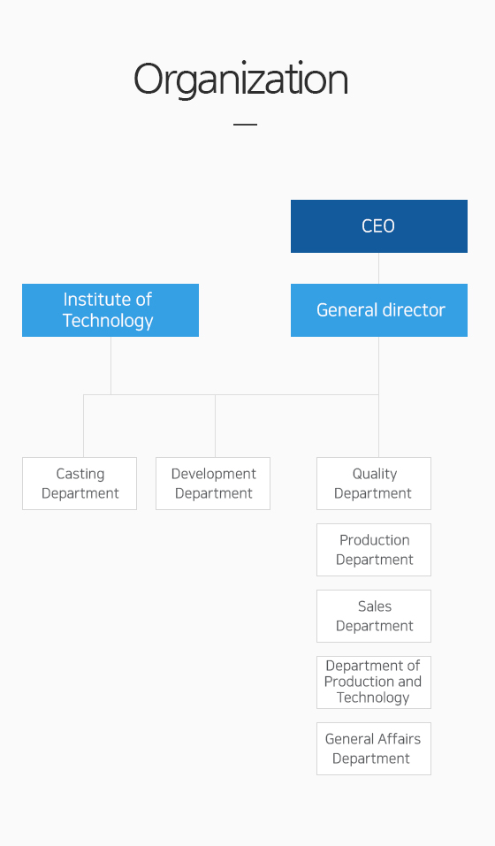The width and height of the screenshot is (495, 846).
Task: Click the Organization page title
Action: [x=241, y=80]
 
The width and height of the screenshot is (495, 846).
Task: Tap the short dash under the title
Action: [x=246, y=124]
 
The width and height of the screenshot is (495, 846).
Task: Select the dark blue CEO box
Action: [x=379, y=226]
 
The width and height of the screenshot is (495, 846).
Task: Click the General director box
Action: [x=379, y=310]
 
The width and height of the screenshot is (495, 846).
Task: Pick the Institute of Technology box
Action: [x=110, y=310]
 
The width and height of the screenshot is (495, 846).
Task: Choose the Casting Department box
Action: [x=80, y=484]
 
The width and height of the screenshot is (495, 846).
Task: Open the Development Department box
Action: [x=213, y=484]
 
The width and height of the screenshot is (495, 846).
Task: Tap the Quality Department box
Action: [x=374, y=484]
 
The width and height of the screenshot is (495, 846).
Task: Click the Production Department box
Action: [x=374, y=550]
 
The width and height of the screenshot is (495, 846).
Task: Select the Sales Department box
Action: [x=374, y=616]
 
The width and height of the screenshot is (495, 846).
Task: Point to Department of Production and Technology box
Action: [x=374, y=682]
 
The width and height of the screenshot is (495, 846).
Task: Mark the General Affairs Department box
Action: [x=374, y=749]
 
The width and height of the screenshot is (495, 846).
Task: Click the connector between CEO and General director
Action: [x=378, y=268]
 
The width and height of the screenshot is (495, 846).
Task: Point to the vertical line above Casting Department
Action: [x=84, y=426]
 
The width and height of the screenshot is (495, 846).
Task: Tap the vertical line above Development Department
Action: [x=215, y=426]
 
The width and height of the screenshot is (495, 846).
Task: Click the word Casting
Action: [x=80, y=474]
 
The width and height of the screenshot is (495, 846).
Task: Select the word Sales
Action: [x=375, y=606]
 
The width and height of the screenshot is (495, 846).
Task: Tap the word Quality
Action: [x=375, y=474]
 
